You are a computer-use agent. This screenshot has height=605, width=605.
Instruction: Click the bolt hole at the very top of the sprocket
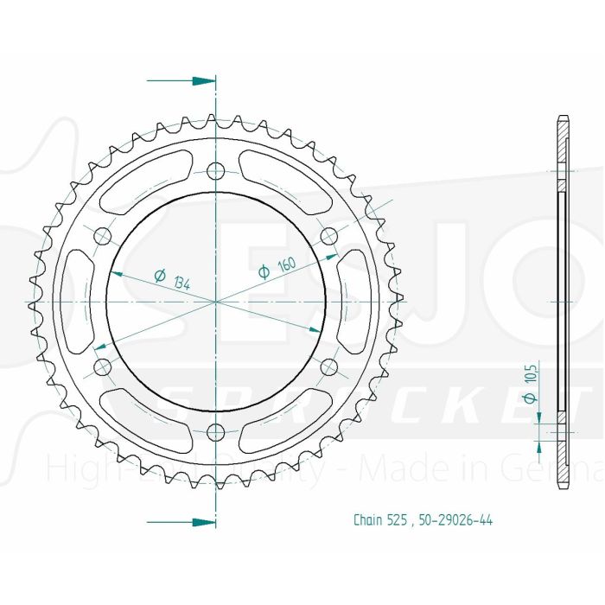pyautogui.click(x=216, y=169)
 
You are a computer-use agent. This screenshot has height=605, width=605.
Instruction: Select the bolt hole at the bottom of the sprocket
pyautogui.click(x=216, y=431)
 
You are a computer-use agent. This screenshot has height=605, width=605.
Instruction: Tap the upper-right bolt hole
pyautogui.click(x=328, y=235)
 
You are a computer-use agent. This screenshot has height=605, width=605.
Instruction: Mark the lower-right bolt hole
pyautogui.click(x=328, y=366)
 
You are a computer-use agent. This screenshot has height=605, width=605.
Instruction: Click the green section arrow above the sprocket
pyautogui.click(x=201, y=81)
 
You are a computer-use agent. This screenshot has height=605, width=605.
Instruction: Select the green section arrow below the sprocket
pyautogui.click(x=201, y=522)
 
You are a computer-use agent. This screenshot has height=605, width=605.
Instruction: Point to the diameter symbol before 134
pyautogui.click(x=159, y=277)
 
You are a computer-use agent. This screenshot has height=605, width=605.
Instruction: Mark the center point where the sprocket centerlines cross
pyautogui.click(x=216, y=301)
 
